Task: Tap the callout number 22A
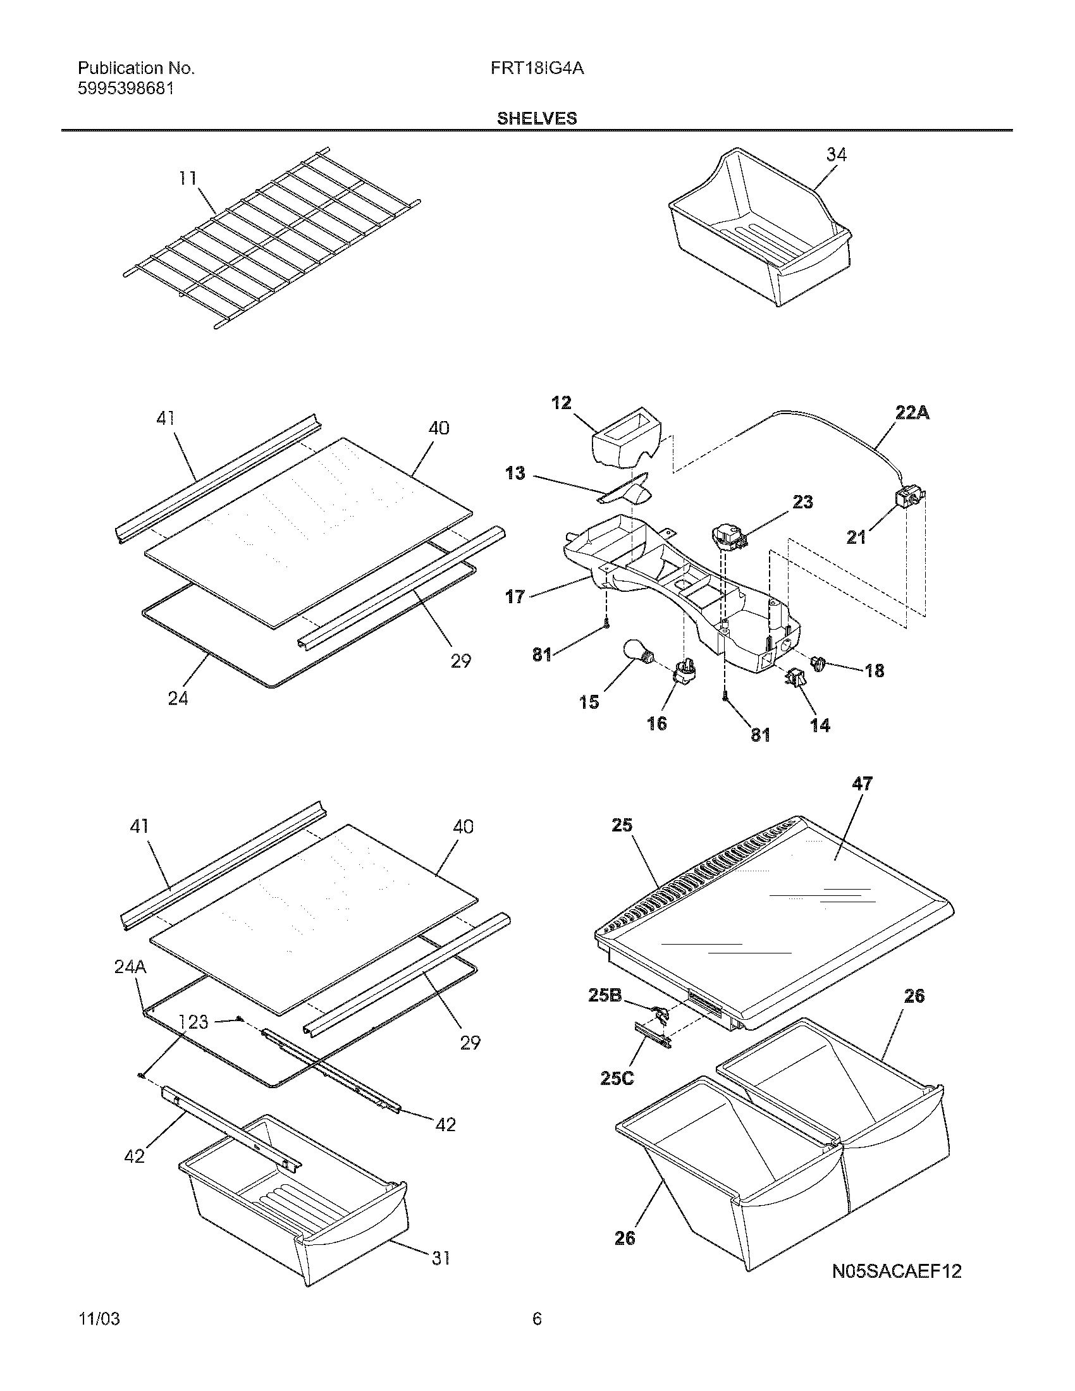pyautogui.click(x=912, y=414)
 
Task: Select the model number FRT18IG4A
pyautogui.click(x=537, y=68)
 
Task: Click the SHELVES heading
pyautogui.click(x=537, y=118)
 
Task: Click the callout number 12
pyautogui.click(x=561, y=403)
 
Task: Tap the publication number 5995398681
pyautogui.click(x=125, y=89)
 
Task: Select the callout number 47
pyautogui.click(x=863, y=784)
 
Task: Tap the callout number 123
pyautogui.click(x=193, y=1022)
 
